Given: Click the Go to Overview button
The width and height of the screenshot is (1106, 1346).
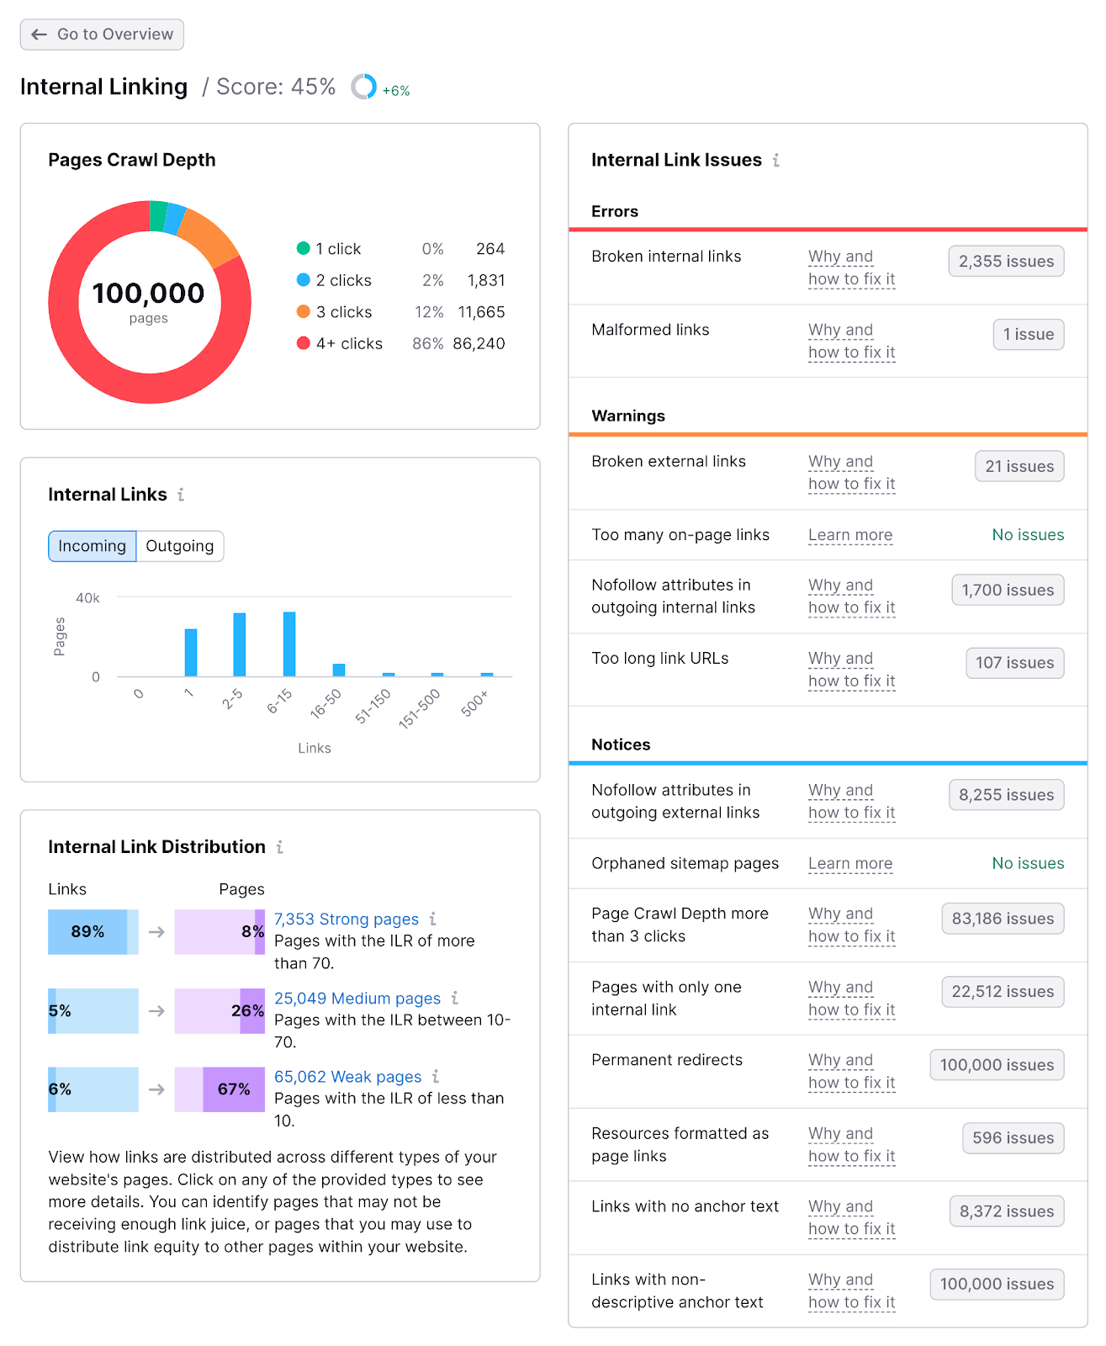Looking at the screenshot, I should [102, 34].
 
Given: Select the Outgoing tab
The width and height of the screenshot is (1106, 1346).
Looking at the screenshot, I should [179, 546].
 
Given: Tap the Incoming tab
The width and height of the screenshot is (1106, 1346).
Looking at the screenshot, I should [92, 546].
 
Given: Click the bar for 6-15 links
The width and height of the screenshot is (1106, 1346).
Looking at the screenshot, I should [289, 644].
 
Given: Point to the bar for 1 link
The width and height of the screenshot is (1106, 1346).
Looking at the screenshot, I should [191, 653].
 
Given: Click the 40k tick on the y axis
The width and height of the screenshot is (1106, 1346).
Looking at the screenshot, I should [87, 598].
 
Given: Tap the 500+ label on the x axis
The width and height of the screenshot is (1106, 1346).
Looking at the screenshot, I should [474, 703].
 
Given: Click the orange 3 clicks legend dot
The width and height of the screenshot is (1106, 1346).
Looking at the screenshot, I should [304, 311].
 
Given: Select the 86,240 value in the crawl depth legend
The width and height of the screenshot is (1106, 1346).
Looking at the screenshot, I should [479, 343].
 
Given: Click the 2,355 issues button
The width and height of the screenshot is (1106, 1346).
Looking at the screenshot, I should [1006, 262].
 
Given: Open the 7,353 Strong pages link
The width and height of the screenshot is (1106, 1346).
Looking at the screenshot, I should [346, 919].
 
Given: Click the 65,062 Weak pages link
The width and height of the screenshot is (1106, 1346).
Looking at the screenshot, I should [347, 1077].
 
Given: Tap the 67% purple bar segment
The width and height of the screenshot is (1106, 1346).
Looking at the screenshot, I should [234, 1089].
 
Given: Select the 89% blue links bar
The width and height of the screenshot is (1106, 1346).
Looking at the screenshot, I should [87, 932].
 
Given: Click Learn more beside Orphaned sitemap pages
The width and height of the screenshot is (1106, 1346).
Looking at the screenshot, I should [849, 864].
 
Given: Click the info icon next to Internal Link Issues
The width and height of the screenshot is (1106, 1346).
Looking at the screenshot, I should [776, 160].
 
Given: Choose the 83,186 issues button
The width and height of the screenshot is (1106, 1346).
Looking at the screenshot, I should [1003, 919].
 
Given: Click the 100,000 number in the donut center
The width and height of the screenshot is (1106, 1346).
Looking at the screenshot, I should [148, 294].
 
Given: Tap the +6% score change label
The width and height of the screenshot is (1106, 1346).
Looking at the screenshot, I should [396, 91].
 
